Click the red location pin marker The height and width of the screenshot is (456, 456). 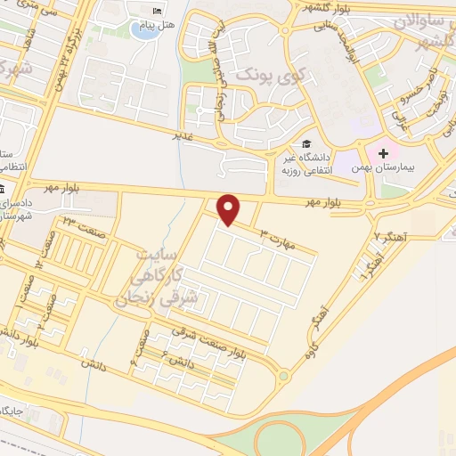pos(230,210)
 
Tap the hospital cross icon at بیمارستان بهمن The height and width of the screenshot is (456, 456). pos(386,152)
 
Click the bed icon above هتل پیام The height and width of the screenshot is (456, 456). pos(159,11)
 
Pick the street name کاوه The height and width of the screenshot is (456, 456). pos(311,351)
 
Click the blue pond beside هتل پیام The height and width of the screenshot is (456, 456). pos(142,29)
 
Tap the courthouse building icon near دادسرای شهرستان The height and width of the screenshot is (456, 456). pos(4,191)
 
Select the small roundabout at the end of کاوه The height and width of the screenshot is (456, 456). pos(283,376)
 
